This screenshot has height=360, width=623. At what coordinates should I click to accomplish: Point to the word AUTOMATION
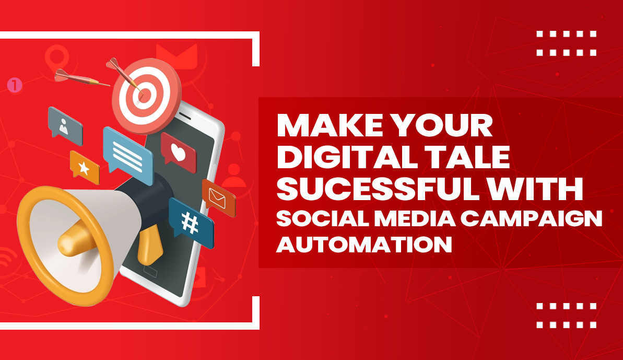(363, 244)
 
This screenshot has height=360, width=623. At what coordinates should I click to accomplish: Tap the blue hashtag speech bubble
(191, 223)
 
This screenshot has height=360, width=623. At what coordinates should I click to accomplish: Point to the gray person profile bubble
(65, 124)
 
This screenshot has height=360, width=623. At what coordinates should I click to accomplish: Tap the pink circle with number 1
(15, 85)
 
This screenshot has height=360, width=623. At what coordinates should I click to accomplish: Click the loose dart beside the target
(78, 77)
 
